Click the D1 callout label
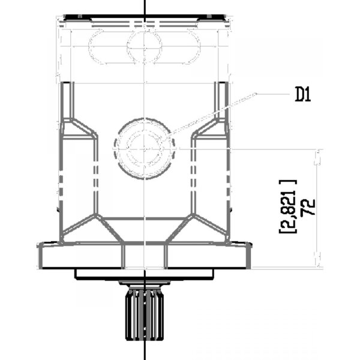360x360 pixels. (303, 95)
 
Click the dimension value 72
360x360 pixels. (309, 207)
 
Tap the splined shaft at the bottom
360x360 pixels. (145, 315)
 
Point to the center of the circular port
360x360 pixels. (144, 149)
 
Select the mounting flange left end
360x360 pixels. (40, 255)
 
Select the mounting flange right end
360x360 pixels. (249, 255)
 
